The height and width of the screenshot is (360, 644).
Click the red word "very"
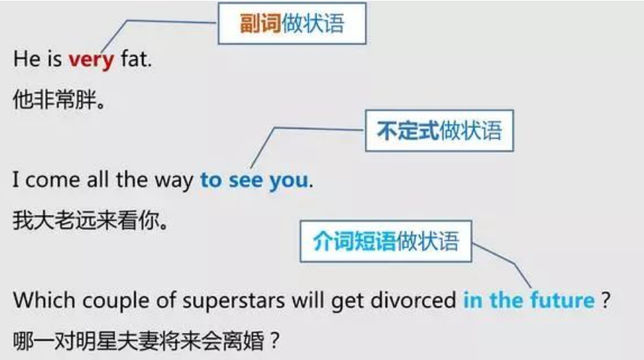[x=91, y=60]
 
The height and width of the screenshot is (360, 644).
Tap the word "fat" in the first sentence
[x=136, y=59]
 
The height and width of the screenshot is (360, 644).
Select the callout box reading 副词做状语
[x=291, y=24]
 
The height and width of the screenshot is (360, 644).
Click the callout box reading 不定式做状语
[x=439, y=131]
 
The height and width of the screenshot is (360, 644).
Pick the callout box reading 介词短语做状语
[x=386, y=241]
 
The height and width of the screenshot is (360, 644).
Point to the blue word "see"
[x=246, y=180]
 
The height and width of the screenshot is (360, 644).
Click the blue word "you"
[x=288, y=181]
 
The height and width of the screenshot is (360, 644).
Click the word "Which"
[x=45, y=300]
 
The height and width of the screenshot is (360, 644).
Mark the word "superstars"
[x=233, y=301]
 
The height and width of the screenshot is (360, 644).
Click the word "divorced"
[x=413, y=300]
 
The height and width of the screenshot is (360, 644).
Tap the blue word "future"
[x=563, y=300]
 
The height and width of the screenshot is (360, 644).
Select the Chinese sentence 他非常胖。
[x=59, y=100]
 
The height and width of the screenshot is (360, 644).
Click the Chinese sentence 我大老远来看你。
[x=91, y=220]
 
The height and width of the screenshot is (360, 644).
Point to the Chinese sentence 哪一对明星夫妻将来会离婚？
[x=146, y=341]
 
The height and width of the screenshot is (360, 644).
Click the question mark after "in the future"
[x=606, y=300]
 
